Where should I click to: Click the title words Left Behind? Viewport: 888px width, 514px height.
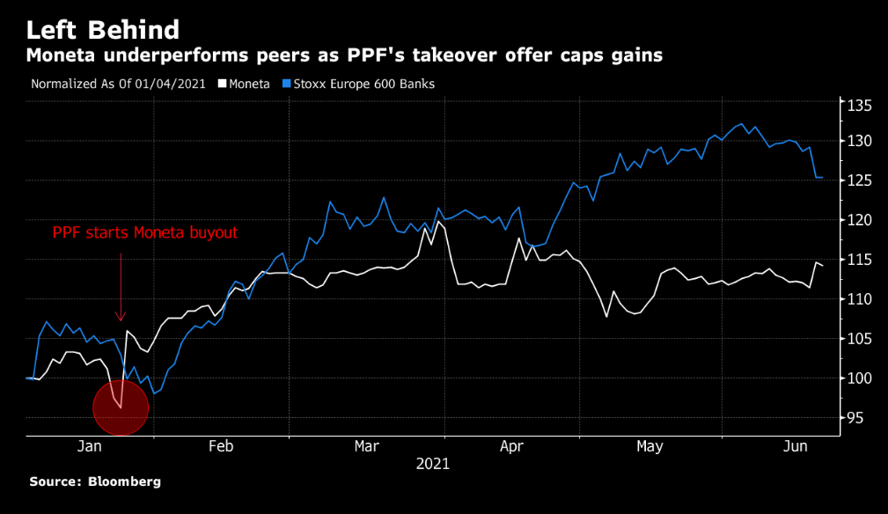click(x=103, y=30)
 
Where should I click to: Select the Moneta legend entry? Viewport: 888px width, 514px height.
click(x=245, y=84)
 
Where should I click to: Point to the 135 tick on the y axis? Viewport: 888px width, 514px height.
click(x=860, y=106)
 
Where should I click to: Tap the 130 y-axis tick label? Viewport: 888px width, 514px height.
click(x=860, y=141)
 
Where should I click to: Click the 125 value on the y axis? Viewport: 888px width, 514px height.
click(x=860, y=180)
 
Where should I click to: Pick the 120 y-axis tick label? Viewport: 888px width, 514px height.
click(x=860, y=220)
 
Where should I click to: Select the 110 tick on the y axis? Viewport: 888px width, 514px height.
click(x=860, y=299)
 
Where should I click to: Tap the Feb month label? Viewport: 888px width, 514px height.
click(x=220, y=447)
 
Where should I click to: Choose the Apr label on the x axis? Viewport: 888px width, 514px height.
click(x=511, y=447)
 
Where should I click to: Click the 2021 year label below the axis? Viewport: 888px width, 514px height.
click(x=432, y=464)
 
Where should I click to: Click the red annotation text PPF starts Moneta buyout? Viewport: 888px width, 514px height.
click(x=144, y=233)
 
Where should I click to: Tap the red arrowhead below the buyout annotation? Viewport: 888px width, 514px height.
click(x=121, y=316)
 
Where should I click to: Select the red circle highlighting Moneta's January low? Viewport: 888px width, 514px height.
click(x=121, y=407)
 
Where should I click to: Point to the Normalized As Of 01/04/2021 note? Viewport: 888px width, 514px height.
click(x=118, y=84)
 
